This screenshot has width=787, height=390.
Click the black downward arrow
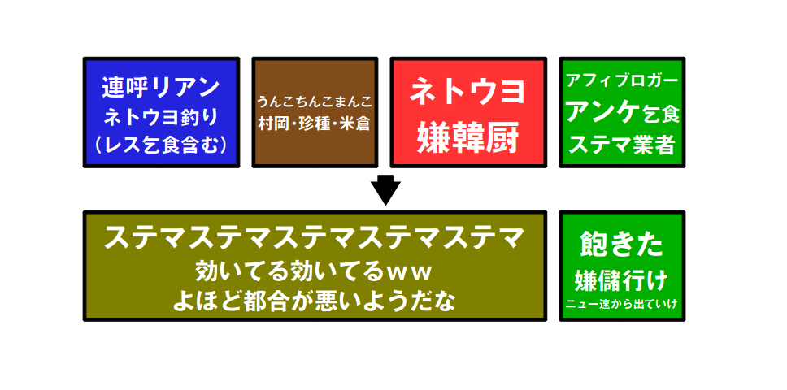coord(386,190)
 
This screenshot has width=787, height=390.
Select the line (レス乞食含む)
coord(161,144)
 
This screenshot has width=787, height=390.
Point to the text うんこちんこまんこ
coord(315,102)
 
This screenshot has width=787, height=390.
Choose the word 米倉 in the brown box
coord(354,123)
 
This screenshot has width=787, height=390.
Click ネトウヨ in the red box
coord(467,93)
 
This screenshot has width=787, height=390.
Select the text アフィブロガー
coord(622,82)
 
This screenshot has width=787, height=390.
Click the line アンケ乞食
coord(622,112)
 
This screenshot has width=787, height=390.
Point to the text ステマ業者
coord(622,144)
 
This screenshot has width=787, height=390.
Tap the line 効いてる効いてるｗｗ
coord(314,271)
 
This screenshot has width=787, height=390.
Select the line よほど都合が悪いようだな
coord(314,301)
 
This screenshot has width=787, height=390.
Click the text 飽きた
coord(622,244)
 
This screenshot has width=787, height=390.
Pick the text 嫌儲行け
coord(622,280)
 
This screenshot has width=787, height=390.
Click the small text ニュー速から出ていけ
coord(622,305)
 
